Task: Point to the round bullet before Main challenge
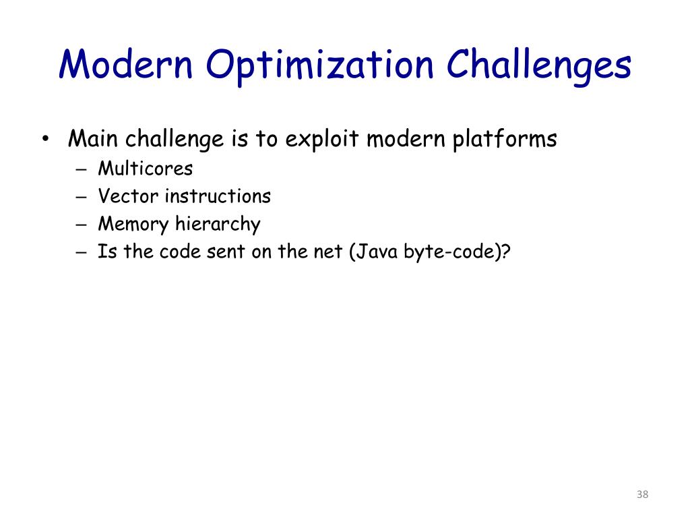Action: (44, 140)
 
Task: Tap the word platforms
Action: (504, 140)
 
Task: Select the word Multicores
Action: (145, 169)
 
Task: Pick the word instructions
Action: (218, 196)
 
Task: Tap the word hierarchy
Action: (218, 225)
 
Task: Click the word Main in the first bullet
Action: (92, 140)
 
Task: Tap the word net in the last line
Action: (330, 252)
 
